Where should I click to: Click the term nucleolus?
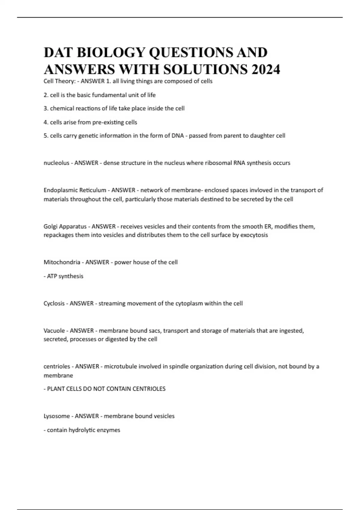click(x=56, y=163)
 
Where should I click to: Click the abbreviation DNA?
click(x=178, y=136)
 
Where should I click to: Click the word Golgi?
click(x=50, y=226)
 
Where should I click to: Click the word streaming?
click(x=112, y=303)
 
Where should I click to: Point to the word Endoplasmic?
click(x=59, y=190)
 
